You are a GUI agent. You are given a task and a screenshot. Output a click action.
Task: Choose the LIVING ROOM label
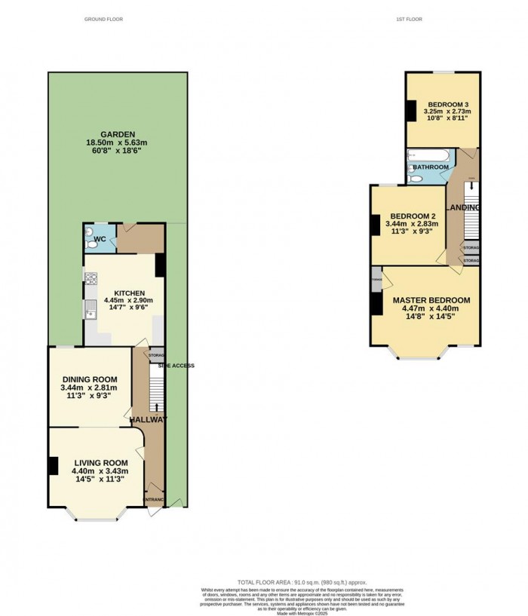click(x=100, y=462)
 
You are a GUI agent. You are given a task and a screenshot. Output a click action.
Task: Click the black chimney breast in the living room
click(x=54, y=465)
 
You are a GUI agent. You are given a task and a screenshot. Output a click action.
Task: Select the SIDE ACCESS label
click(x=176, y=366)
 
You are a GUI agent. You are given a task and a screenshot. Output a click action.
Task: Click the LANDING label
click(x=463, y=207)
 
